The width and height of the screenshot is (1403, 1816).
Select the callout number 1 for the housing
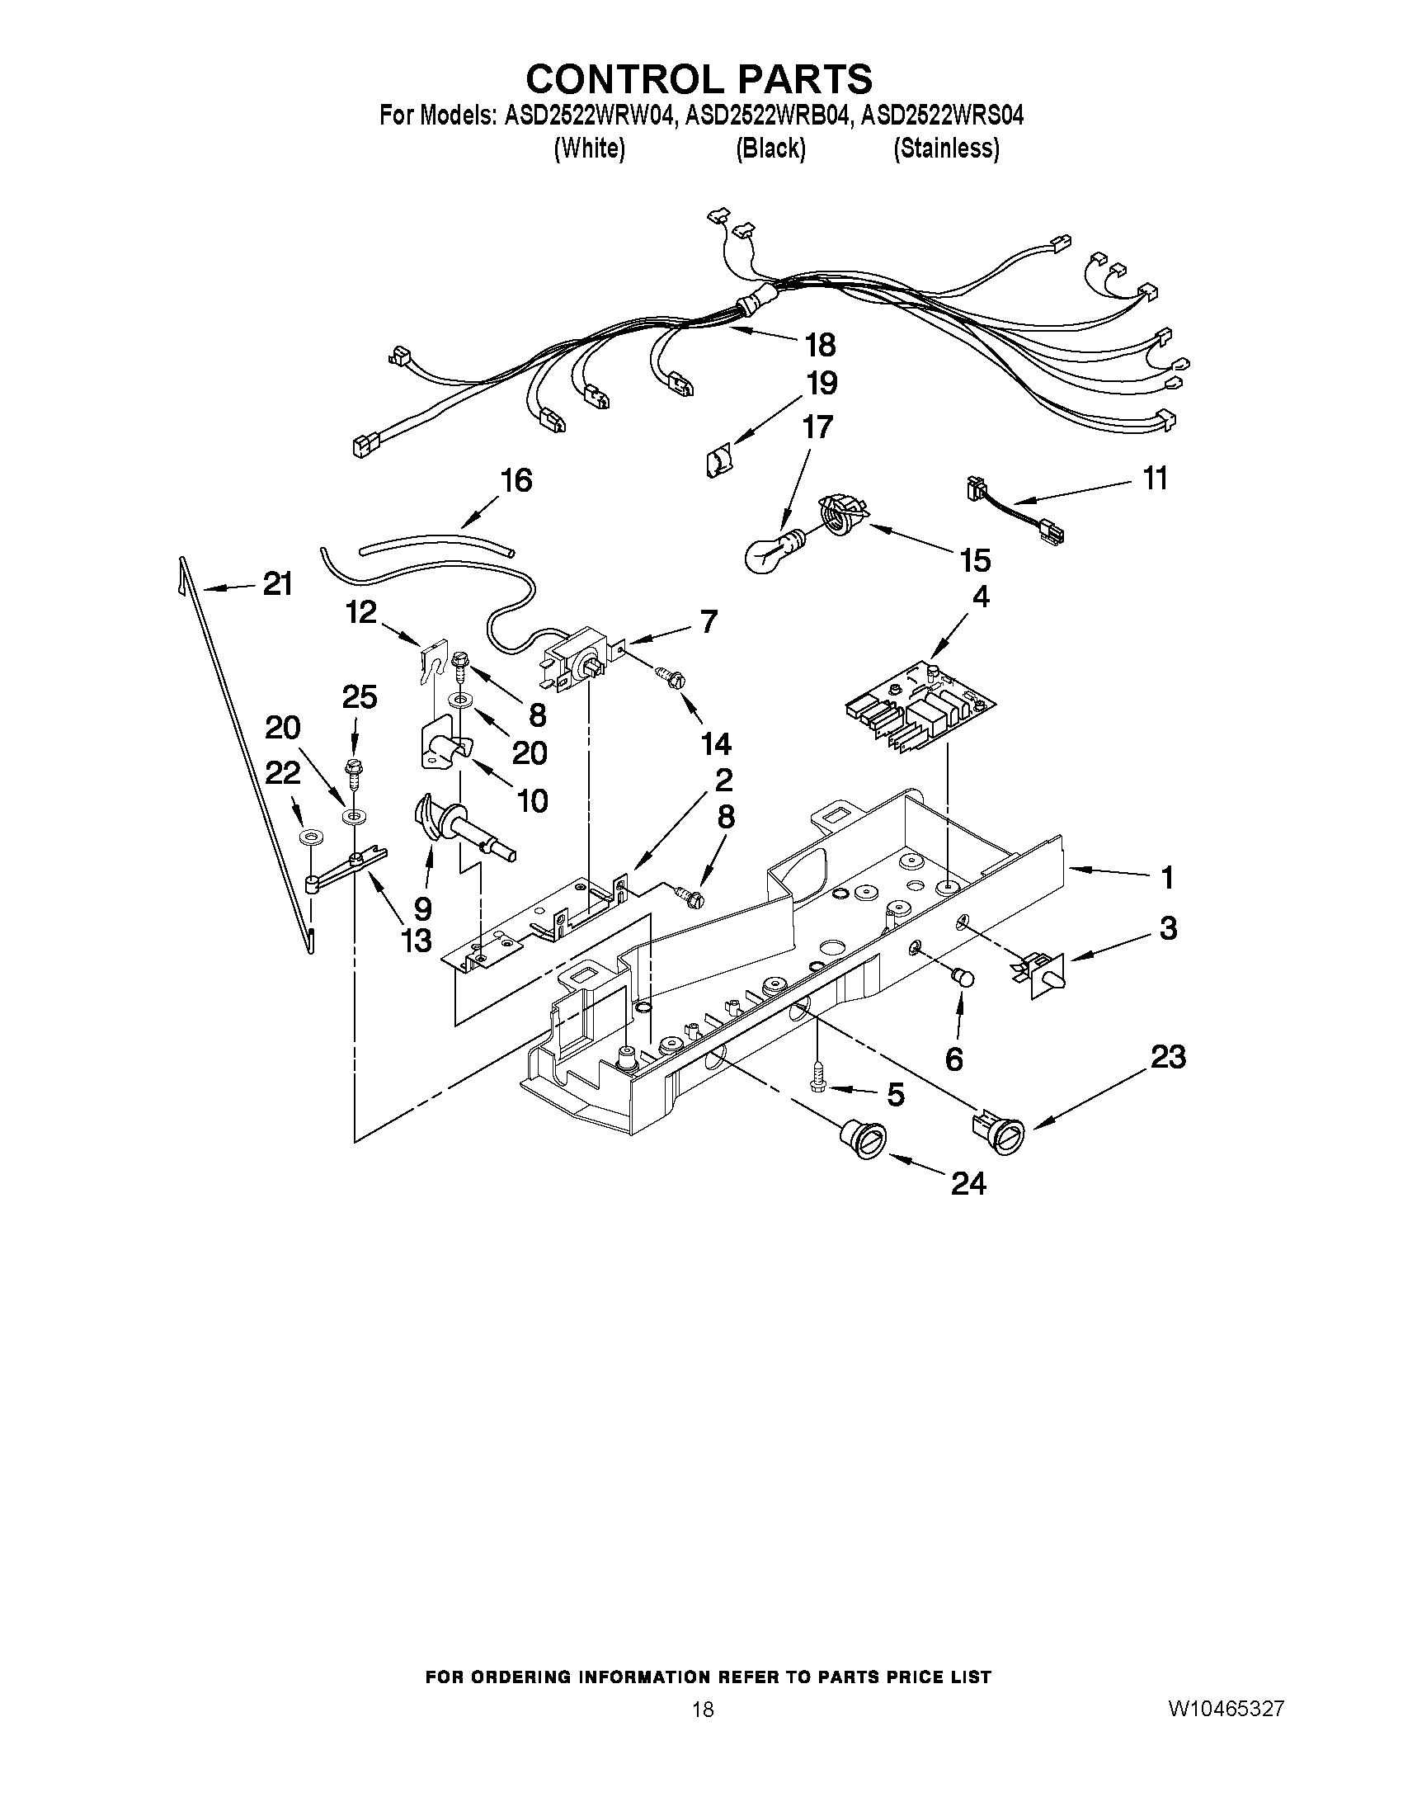point(1167,877)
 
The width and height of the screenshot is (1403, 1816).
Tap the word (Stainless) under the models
point(946,149)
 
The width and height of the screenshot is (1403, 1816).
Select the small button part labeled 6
point(964,978)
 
